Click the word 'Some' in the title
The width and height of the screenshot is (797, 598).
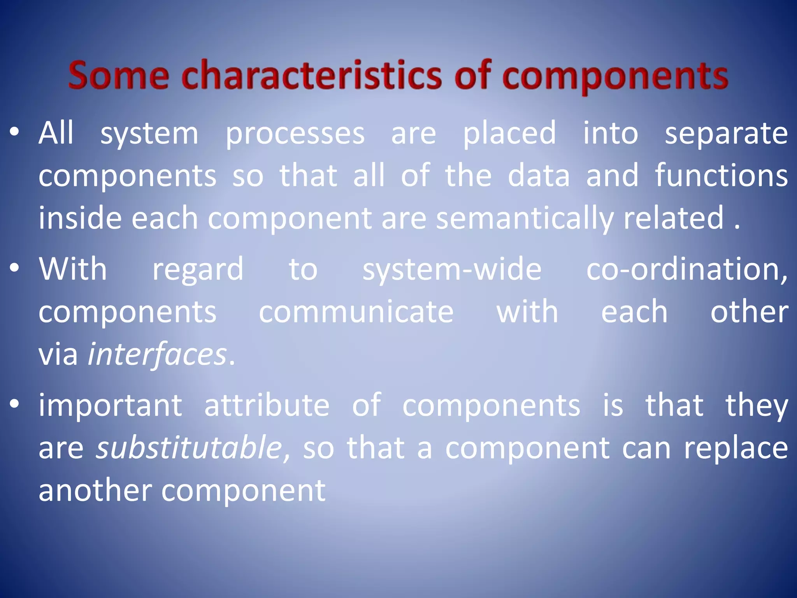click(118, 75)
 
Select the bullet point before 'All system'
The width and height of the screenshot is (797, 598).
click(14, 133)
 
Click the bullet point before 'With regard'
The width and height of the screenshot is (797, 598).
click(14, 269)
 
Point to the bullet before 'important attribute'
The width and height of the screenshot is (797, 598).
click(14, 405)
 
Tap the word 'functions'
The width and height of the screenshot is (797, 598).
click(721, 176)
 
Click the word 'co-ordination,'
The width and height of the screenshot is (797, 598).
click(687, 270)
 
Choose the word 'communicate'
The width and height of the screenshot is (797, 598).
click(356, 312)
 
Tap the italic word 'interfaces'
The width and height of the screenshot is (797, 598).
click(157, 355)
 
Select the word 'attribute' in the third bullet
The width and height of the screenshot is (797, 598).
click(267, 405)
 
